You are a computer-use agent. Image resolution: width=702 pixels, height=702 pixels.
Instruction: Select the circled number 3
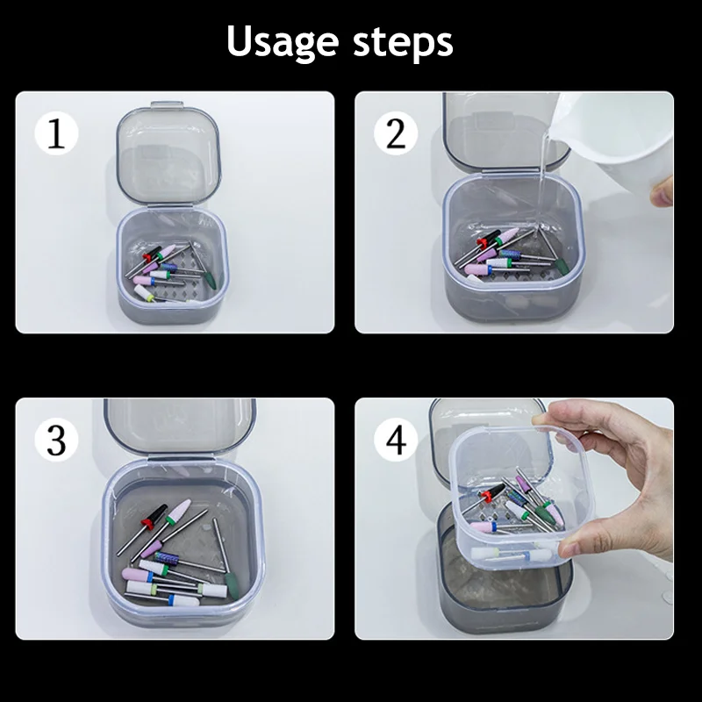tap(56, 441)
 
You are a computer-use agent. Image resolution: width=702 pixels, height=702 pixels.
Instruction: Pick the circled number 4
tap(397, 441)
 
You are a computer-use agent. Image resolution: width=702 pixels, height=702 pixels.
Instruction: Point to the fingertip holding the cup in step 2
tap(663, 191)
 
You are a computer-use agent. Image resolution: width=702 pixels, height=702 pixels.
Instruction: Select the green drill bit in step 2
tap(558, 261)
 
